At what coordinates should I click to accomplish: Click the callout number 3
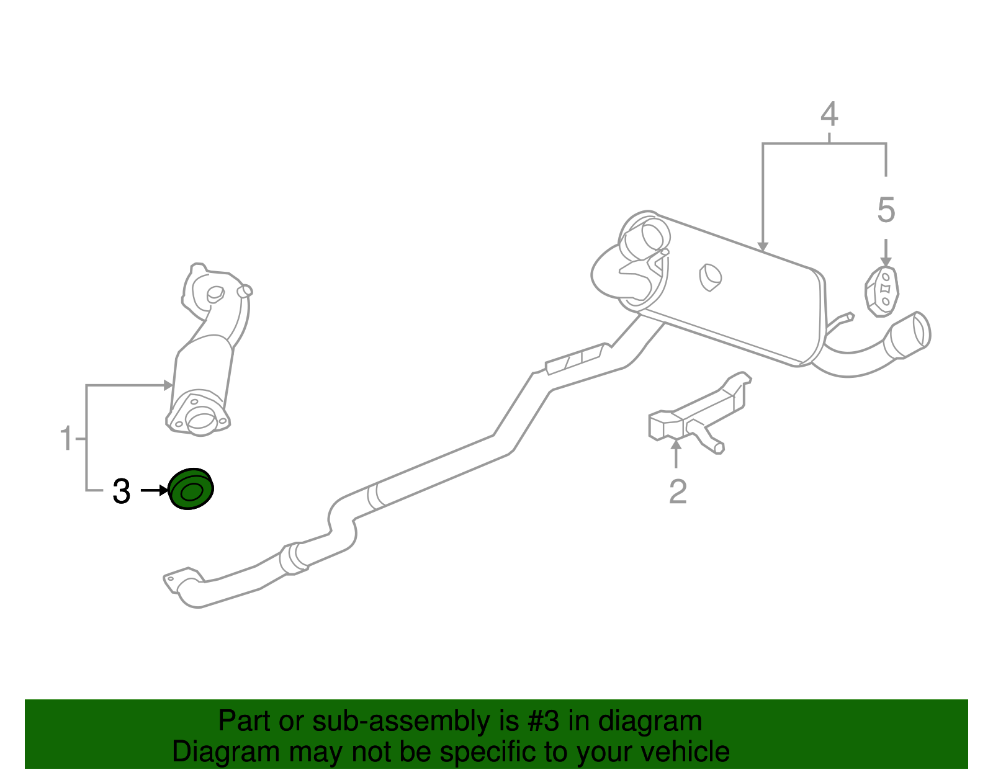pos(121,491)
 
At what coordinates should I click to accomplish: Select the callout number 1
pos(66,438)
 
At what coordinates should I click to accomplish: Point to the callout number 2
pos(678,491)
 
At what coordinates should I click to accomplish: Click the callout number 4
pos(829,115)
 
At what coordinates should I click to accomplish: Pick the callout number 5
pos(886,210)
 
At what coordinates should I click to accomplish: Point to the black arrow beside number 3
pos(154,491)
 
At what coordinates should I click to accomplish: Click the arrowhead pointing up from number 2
pos(676,443)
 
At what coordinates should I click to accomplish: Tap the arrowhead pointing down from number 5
pos(886,262)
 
